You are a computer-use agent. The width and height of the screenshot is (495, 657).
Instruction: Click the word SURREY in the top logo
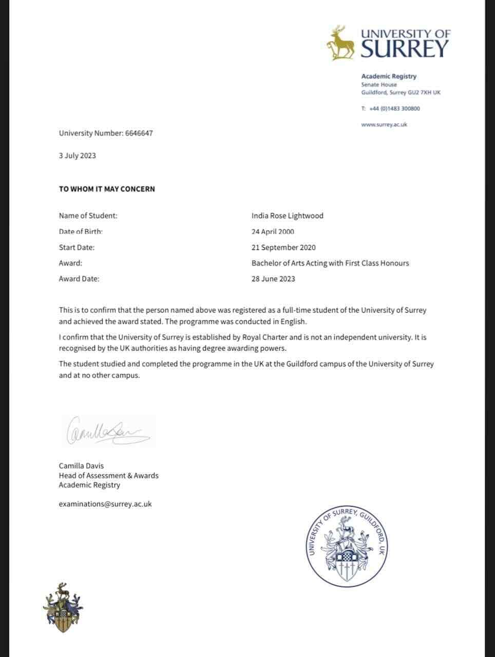click(x=405, y=49)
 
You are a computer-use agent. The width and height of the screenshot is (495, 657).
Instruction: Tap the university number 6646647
click(x=139, y=133)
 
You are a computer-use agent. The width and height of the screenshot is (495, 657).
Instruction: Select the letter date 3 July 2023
click(x=78, y=156)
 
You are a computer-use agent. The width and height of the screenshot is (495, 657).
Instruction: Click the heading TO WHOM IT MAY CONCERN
click(x=107, y=189)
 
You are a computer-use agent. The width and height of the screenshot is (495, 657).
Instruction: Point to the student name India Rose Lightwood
click(x=288, y=216)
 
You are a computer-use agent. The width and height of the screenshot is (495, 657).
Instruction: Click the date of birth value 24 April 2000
click(x=273, y=231)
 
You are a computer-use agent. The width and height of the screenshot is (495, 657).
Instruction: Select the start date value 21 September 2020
click(x=283, y=247)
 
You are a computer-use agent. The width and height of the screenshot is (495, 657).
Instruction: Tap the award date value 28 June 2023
click(x=273, y=279)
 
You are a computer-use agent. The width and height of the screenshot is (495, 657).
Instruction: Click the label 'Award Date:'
click(x=79, y=279)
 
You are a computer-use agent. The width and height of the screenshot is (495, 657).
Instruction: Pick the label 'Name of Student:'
click(x=88, y=216)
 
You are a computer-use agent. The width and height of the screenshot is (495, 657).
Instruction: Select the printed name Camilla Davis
click(x=81, y=466)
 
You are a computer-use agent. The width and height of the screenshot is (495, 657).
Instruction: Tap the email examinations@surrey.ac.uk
click(x=105, y=504)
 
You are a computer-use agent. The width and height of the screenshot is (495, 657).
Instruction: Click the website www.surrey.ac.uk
click(x=384, y=125)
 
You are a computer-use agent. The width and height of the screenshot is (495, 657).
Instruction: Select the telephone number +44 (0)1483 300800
click(x=394, y=109)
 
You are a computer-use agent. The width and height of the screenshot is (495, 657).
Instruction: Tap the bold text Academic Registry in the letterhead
click(x=389, y=76)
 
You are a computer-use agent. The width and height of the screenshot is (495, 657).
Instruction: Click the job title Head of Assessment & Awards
click(x=109, y=476)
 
